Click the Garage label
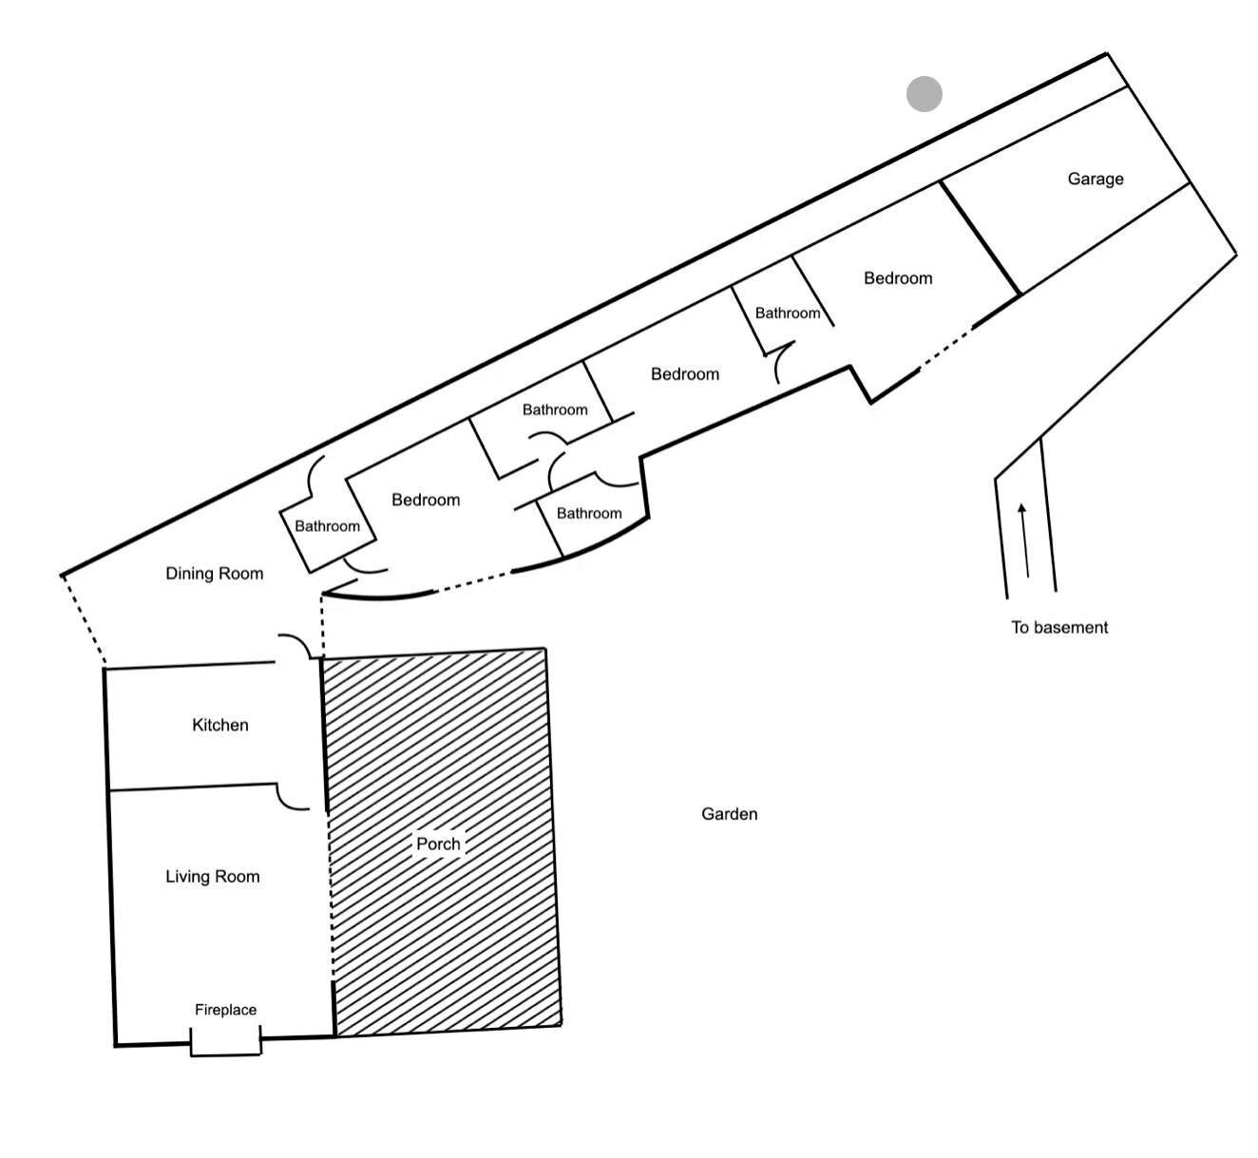tap(1095, 180)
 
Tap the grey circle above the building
tap(924, 94)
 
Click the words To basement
tap(1059, 627)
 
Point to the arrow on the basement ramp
tap(1024, 540)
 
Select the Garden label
tap(729, 814)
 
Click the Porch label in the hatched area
tap(438, 844)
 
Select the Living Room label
tap(212, 877)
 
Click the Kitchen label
tap(219, 726)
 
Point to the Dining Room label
tap(214, 574)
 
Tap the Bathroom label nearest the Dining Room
tap(327, 526)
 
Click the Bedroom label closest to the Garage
tap(897, 278)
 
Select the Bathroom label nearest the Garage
tap(787, 313)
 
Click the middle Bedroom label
tap(684, 374)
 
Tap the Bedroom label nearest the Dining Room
tap(425, 500)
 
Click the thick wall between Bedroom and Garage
tap(981, 237)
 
